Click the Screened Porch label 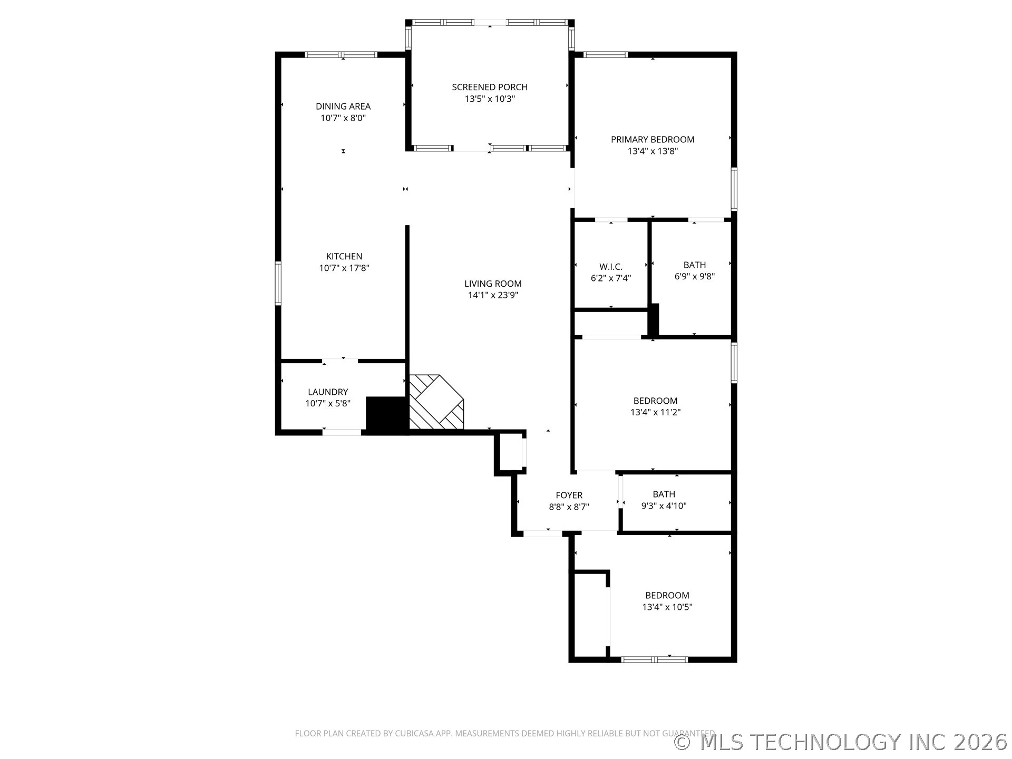(489, 87)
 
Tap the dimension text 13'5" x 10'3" (489, 99)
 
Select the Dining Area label (343, 106)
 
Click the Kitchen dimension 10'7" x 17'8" (344, 268)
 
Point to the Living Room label (493, 284)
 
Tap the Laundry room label (328, 392)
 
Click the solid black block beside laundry (387, 415)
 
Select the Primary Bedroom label (653, 140)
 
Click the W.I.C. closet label (610, 267)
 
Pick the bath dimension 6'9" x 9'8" (694, 277)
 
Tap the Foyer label (569, 495)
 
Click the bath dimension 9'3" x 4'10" (664, 506)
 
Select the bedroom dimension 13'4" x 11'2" (655, 413)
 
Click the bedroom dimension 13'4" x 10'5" (667, 607)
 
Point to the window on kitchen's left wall (278, 283)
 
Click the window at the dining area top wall (342, 54)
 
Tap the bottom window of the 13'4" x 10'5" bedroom (654, 659)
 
